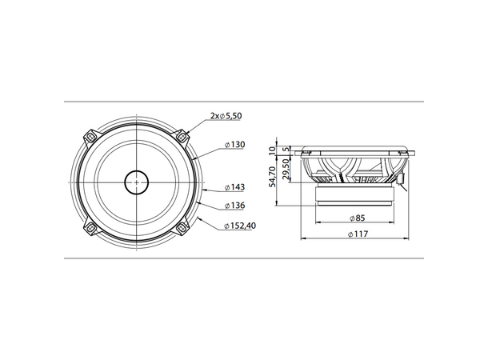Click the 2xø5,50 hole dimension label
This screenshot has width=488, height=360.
pyautogui.click(x=226, y=117)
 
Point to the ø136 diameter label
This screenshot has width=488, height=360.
pyautogui.click(x=234, y=205)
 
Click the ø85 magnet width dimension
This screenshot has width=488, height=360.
pyautogui.click(x=357, y=218)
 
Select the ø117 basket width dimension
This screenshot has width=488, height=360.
pyautogui.click(x=357, y=234)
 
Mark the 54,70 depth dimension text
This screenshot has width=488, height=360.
pyautogui.click(x=273, y=177)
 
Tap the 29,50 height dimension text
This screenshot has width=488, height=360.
pyautogui.click(x=287, y=170)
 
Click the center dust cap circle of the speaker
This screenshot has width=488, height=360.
pyautogui.click(x=136, y=182)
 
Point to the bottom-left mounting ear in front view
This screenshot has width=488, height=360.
pyautogui.click(x=90, y=228)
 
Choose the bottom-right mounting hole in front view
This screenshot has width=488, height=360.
pyautogui.click(x=183, y=228)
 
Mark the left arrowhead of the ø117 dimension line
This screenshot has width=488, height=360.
pyautogui.click(x=302, y=239)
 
